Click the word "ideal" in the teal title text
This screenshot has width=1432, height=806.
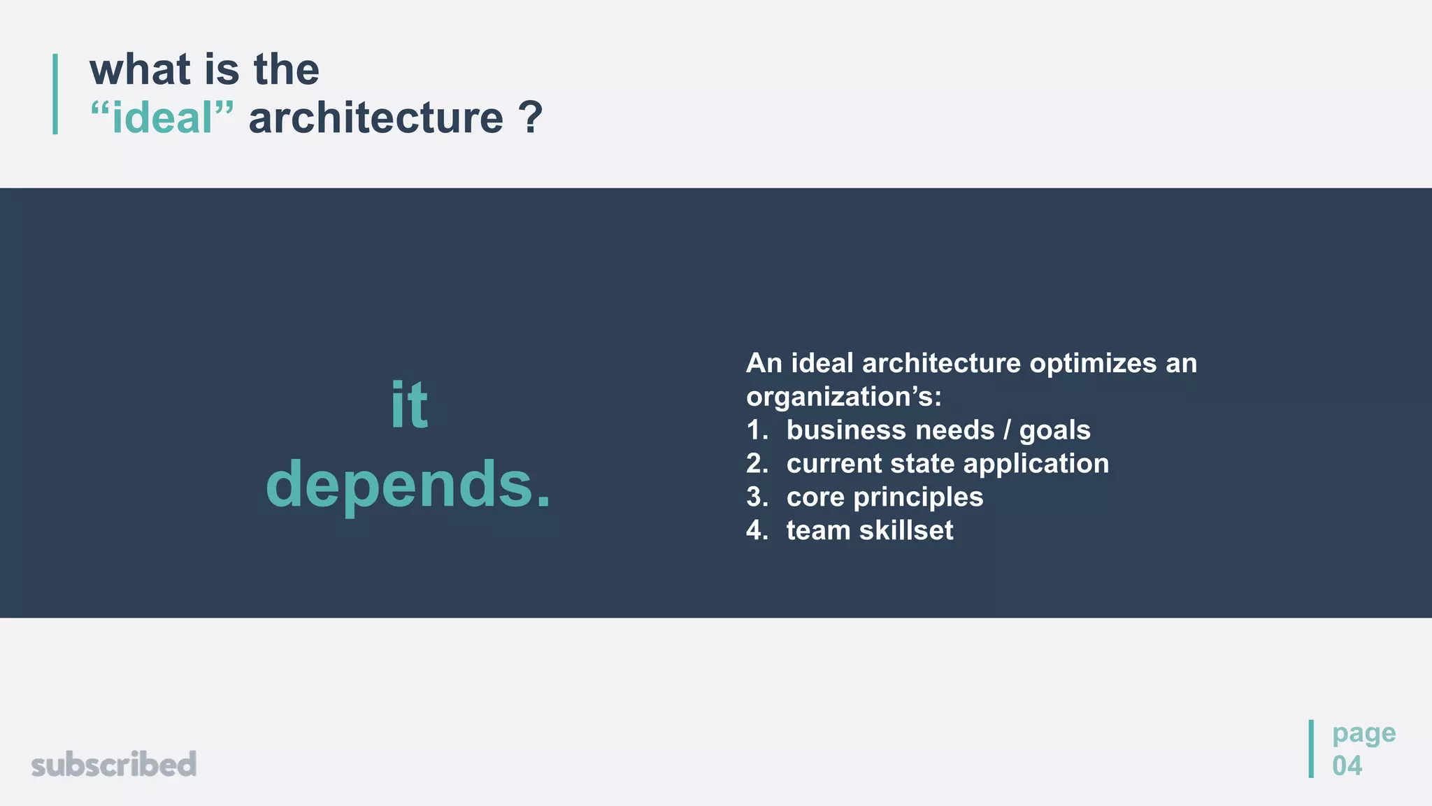pos(162,118)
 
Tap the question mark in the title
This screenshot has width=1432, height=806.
pos(531,118)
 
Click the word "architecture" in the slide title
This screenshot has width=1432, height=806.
pos(375,118)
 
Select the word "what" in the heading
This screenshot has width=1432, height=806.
pos(140,70)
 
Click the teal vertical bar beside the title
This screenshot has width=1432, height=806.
pos(55,94)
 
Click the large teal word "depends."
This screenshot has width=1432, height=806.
pos(409,484)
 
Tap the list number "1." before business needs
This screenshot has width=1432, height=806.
pos(757,430)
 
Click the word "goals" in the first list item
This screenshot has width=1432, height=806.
pos(1054,430)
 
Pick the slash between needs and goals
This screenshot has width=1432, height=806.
pos(1007,430)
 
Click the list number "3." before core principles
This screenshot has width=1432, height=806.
pos(757,497)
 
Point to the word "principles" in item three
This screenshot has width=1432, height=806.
pos(918,497)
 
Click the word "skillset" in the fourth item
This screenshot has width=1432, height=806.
pos(906,530)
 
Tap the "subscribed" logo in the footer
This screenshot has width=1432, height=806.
pos(114,764)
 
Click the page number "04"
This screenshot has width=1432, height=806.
pos(1347,765)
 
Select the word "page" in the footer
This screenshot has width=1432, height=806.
pos(1363,733)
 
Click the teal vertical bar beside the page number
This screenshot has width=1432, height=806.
pos(1311,749)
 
